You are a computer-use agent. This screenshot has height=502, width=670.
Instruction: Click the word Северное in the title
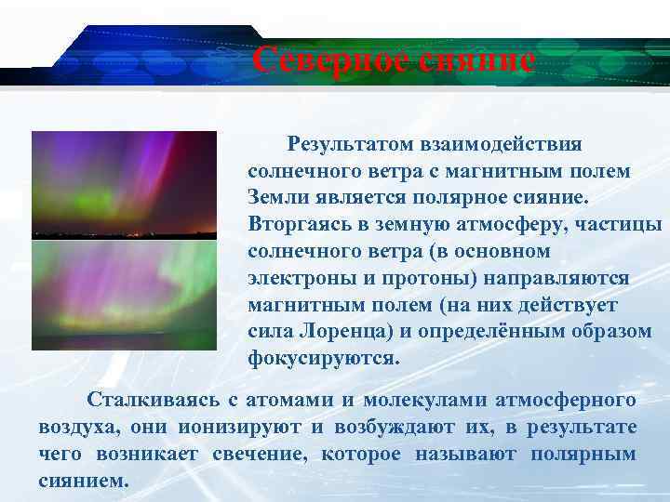328,61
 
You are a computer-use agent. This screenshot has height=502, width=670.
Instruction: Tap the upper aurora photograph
124,184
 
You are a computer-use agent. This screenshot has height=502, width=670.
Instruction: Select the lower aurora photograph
124,296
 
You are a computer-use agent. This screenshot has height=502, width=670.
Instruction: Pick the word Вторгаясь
295,225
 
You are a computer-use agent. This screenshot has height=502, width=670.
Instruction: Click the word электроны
299,279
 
